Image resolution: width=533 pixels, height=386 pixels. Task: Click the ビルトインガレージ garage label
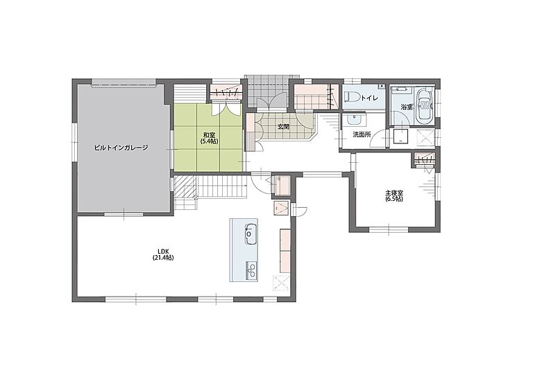(x=121, y=148)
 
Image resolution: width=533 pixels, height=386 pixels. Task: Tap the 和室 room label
(x=208, y=134)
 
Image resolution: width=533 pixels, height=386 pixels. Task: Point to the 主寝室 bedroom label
(x=394, y=193)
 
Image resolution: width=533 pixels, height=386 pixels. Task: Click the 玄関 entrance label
(x=283, y=127)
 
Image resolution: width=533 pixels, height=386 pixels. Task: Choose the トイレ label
(x=369, y=98)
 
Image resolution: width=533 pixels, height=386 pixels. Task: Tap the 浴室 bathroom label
(x=407, y=107)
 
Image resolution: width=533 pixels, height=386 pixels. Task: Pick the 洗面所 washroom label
(x=362, y=134)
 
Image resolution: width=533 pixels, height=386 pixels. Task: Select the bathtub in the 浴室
(x=425, y=105)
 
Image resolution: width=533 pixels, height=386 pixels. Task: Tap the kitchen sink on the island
(x=250, y=234)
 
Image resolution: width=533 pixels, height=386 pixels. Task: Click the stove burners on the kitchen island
(x=251, y=270)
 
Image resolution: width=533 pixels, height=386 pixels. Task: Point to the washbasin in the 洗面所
(x=355, y=120)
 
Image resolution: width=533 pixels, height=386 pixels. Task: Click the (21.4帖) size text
(x=163, y=258)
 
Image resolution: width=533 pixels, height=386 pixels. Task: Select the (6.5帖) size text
(x=394, y=200)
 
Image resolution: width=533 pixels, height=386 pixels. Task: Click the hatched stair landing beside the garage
(x=185, y=187)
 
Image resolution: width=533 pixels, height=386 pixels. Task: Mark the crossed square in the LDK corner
(x=281, y=283)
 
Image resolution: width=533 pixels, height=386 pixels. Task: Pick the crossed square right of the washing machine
(x=425, y=137)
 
